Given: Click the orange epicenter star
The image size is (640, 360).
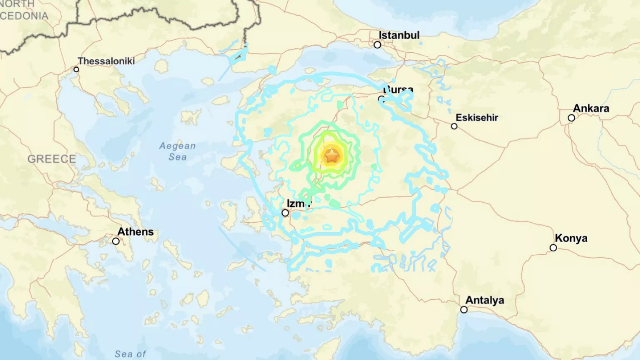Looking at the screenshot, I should pos(332,156).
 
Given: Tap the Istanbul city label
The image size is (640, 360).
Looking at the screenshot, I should pos(399,35).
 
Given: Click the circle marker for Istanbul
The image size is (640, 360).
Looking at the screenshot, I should pos(377,45).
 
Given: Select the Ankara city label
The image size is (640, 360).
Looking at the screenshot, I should pos(591,108).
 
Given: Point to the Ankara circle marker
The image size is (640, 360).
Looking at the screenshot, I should pos(571,118).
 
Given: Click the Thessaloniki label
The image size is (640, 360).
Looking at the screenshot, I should pos(106,61).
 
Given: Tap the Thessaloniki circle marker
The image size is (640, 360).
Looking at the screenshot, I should pos(76,69).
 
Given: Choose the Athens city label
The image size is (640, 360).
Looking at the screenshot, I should pos(135,232).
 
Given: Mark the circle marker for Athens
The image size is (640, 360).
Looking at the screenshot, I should pos(116,241).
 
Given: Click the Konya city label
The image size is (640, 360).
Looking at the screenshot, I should pos(571,238).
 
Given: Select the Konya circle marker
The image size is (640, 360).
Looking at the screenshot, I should pos(553,248).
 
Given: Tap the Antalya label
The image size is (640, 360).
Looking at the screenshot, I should pos(484,300).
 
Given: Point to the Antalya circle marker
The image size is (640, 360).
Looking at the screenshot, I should pos(464,310).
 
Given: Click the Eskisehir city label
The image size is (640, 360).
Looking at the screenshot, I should pos(477,118).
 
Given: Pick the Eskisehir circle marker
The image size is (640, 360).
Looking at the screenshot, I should pos(454,126).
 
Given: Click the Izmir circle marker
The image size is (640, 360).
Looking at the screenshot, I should pos(285,213).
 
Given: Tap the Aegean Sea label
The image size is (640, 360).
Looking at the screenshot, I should pos(177,151).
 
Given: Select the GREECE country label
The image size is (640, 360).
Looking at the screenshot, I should pos(52,159).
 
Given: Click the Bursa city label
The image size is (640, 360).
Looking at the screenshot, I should pos(398,90).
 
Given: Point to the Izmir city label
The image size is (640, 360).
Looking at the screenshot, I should pos(299,203).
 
